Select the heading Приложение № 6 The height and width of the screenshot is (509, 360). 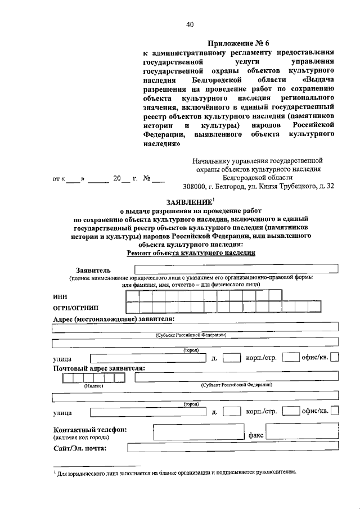[239, 43]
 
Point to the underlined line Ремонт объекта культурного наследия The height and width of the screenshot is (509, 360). [191, 253]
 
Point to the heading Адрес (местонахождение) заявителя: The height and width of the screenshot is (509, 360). [113, 319]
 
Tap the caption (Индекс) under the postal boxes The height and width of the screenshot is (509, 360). [93, 386]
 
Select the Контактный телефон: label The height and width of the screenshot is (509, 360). [89, 429]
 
